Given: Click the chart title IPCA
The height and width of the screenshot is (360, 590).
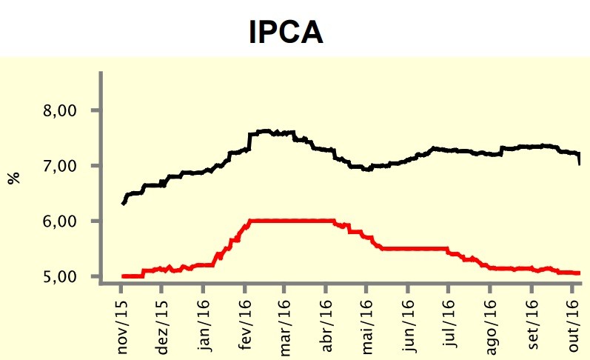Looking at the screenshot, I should (x=285, y=33).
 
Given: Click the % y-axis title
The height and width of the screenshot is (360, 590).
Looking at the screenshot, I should (x=14, y=179).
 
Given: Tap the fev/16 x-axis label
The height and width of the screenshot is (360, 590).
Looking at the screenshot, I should (x=246, y=327).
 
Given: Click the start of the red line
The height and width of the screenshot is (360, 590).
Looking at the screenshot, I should (x=122, y=276).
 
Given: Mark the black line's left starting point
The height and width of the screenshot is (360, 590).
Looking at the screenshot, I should (x=122, y=204).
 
